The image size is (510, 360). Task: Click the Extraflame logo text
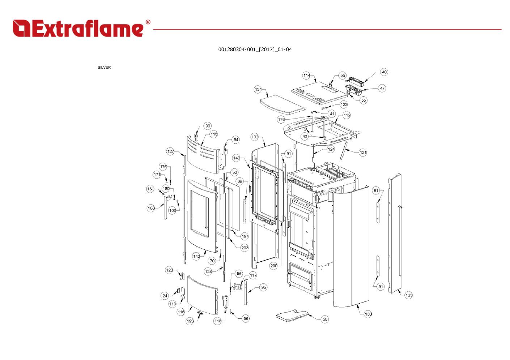point(78,28)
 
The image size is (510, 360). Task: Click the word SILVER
point(104,67)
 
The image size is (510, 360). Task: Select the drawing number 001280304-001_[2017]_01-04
point(255,50)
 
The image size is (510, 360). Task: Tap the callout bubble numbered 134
point(258,89)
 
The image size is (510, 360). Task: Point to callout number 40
point(384,72)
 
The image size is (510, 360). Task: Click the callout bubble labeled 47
point(382,88)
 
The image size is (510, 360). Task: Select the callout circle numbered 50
point(325,319)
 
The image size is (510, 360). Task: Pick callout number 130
point(368,314)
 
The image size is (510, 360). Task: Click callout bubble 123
point(409,295)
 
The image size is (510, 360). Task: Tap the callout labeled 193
point(190,321)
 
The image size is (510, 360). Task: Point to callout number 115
point(214,134)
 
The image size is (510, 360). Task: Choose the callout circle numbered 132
point(255,137)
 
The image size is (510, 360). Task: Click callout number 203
point(245,248)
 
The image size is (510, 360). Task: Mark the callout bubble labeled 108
point(151,208)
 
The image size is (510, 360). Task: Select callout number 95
point(263,287)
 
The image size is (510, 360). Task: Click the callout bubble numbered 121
point(363,153)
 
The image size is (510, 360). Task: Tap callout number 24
point(165,296)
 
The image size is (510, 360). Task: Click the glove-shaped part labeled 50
point(292,316)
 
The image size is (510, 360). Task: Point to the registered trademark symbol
point(148,22)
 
